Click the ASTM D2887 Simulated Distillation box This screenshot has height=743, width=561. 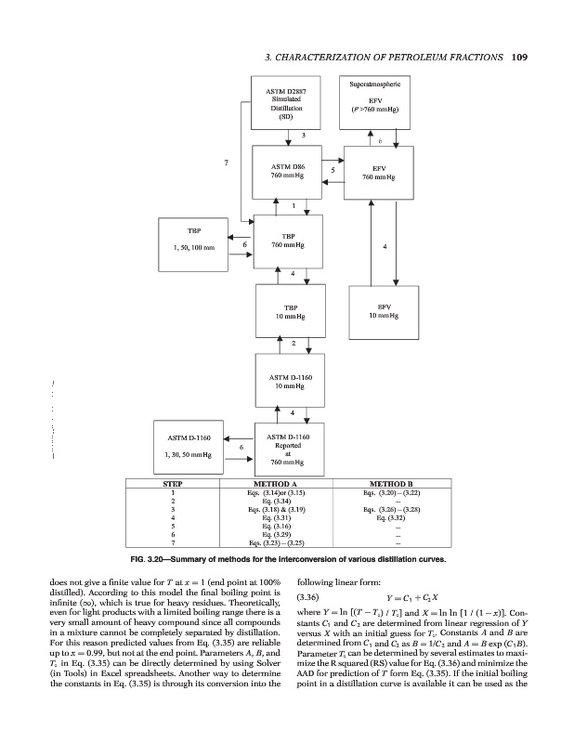pyautogui.click(x=287, y=103)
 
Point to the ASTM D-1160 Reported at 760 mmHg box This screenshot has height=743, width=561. pyautogui.click(x=288, y=449)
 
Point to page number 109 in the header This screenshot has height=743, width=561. pyautogui.click(x=518, y=57)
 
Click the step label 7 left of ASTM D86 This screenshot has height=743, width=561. pyautogui.click(x=227, y=163)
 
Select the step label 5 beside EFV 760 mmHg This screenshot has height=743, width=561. pyautogui.click(x=332, y=170)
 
